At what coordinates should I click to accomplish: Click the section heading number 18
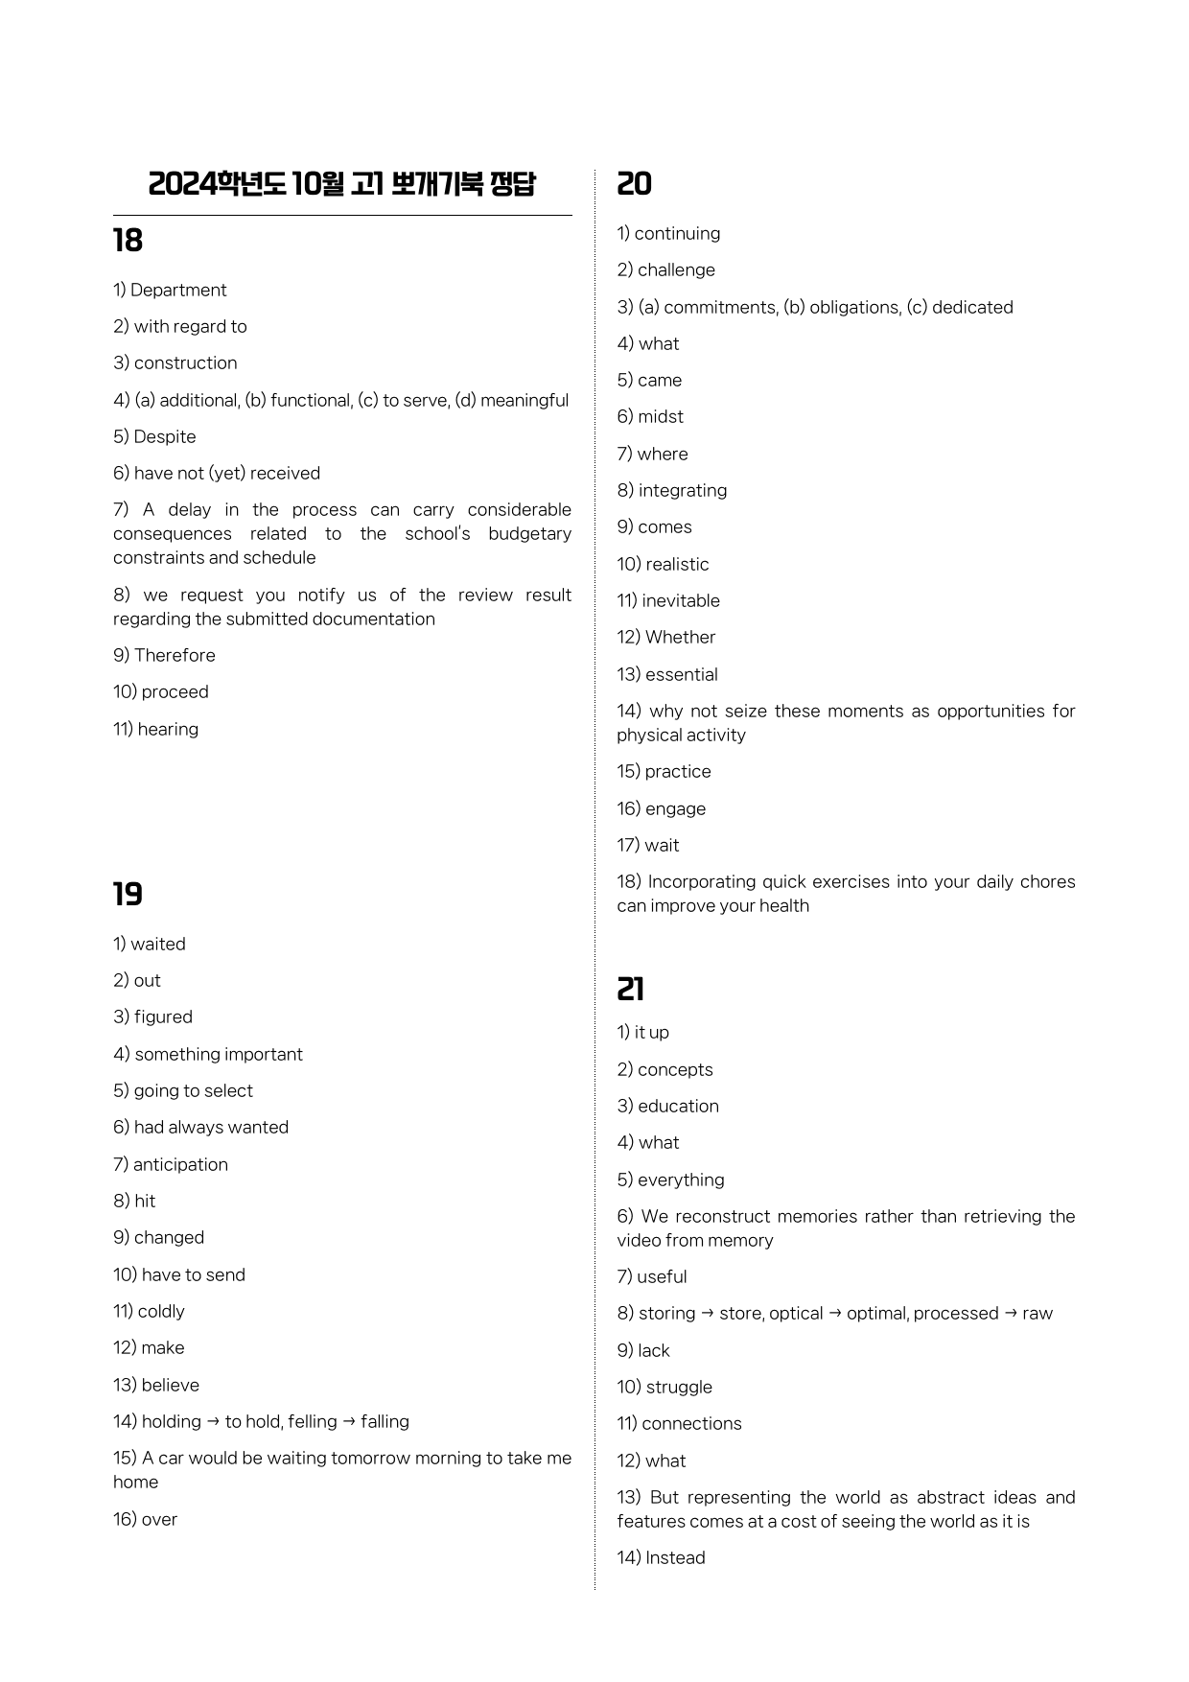click(128, 241)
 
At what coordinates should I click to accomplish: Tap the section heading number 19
click(128, 895)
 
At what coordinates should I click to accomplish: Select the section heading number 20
click(634, 184)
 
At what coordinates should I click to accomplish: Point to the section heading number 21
click(631, 989)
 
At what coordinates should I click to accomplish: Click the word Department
click(178, 290)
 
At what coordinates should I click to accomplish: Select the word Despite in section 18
click(165, 436)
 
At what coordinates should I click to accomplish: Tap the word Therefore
click(175, 655)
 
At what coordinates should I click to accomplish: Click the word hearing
click(168, 729)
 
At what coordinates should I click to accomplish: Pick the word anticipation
click(180, 1164)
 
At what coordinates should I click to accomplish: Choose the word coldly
click(161, 1311)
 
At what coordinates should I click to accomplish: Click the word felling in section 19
click(312, 1421)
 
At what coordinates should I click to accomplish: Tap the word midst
click(661, 416)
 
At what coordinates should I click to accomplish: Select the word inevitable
click(681, 600)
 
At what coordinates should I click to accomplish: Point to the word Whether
click(681, 637)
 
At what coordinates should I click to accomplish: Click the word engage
click(675, 808)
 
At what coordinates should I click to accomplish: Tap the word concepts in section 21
click(675, 1069)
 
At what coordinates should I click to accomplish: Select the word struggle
click(679, 1387)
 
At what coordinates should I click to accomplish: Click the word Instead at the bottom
click(675, 1557)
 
